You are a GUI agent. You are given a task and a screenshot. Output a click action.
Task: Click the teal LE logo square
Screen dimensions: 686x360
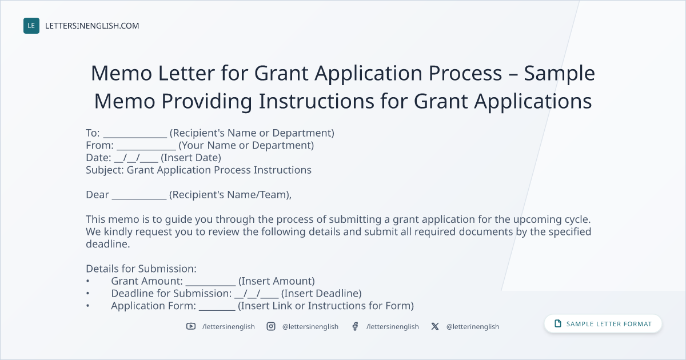[31, 26]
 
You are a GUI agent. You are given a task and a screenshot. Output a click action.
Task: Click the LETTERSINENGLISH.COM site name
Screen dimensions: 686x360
[92, 26]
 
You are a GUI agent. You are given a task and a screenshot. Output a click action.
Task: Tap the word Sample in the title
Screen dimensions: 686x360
[559, 74]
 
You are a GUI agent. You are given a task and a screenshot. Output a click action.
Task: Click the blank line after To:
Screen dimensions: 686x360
[135, 137]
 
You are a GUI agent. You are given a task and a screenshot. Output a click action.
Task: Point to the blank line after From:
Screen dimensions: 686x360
[146, 149]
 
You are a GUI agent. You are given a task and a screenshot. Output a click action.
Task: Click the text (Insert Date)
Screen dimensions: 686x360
[191, 158]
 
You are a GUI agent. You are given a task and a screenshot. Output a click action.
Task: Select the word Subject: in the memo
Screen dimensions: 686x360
[105, 170]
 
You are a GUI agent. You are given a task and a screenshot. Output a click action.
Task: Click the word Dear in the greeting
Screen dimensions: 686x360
[97, 195]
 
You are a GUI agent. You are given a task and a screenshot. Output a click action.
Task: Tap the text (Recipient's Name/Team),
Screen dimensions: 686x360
[230, 195]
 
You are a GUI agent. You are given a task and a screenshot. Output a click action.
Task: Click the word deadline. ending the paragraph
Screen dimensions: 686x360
[108, 244]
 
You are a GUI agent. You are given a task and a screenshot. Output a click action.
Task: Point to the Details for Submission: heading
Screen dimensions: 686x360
[141, 269]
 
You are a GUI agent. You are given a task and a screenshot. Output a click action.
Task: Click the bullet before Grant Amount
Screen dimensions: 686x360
[87, 281]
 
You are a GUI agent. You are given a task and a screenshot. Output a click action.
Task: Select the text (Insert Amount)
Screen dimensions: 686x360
[277, 281]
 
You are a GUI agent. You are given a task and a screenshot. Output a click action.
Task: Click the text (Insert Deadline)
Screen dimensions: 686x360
[321, 293]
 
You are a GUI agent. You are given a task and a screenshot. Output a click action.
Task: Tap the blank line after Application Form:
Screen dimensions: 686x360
[217, 310]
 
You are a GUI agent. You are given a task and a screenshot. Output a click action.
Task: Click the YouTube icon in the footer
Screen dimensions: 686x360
[191, 326]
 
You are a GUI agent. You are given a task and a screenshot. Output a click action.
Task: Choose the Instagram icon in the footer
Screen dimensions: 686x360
[271, 326]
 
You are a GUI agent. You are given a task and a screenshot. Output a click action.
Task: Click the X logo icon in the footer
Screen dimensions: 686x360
[435, 326]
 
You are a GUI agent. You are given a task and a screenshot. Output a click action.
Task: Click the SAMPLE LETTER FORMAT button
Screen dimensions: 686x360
[603, 324]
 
